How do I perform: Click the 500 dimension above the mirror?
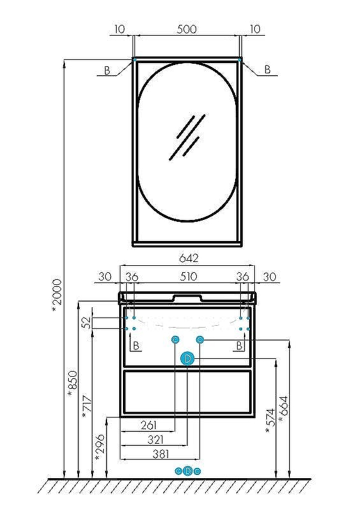click(186, 29)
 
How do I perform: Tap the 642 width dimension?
click(188, 258)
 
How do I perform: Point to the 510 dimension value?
click(188, 277)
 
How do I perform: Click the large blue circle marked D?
click(187, 359)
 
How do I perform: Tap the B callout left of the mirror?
click(107, 71)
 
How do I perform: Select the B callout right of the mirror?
click(268, 69)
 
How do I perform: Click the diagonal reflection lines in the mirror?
click(186, 137)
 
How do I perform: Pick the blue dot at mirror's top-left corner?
click(134, 59)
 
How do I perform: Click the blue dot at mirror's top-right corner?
click(240, 59)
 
